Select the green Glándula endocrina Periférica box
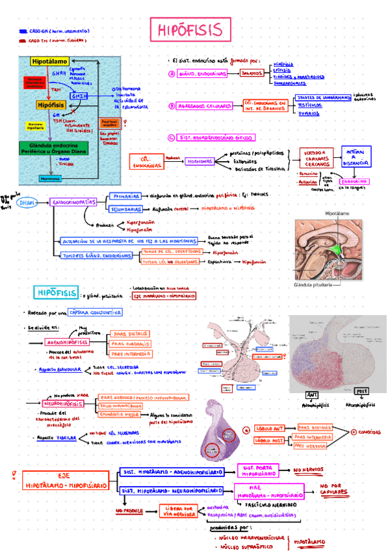pos(58,148)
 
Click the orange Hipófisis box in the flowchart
pos(49,103)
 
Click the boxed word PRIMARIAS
pos(124,196)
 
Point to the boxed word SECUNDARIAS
pos(126,210)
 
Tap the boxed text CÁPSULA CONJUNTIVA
pos(95,313)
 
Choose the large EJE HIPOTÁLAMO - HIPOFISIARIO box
pos(64,480)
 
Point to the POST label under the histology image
pos(361,392)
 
